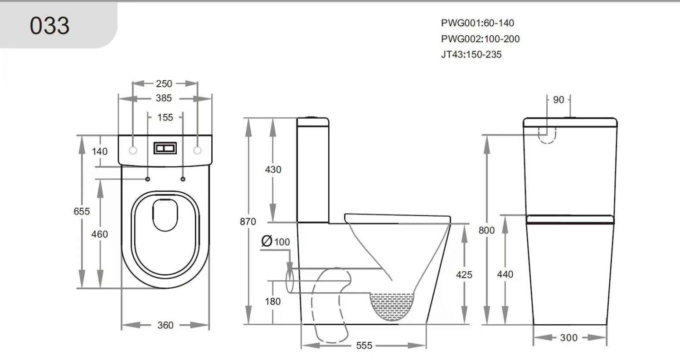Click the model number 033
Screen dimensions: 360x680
[50, 25]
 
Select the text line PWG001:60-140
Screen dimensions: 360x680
[477, 23]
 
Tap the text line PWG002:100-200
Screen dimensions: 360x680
[480, 39]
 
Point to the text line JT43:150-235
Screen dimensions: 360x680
[471, 55]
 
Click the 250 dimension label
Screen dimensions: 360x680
[164, 83]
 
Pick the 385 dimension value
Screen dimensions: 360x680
[164, 98]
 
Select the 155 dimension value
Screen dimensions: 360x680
[165, 117]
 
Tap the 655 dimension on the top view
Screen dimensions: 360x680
[82, 211]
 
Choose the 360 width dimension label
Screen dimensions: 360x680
[165, 325]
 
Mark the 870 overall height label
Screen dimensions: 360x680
[248, 222]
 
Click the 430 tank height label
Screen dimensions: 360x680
[273, 170]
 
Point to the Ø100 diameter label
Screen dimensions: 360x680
[276, 242]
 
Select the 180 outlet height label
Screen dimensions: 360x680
[272, 302]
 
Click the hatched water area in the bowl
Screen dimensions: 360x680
[393, 305]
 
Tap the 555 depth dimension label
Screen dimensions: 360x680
[364, 346]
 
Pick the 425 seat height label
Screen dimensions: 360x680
[464, 275]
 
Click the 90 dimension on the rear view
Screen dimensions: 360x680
[559, 100]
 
